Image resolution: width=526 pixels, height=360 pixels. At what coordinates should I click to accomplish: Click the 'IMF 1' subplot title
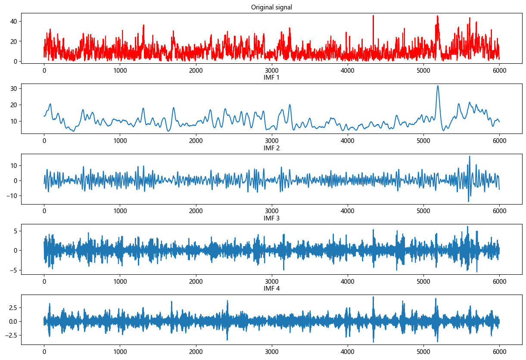click(271, 78)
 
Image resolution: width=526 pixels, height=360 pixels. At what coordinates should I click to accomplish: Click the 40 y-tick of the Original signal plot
click(14, 21)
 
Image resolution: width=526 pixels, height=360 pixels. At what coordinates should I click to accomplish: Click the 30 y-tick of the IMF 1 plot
click(14, 88)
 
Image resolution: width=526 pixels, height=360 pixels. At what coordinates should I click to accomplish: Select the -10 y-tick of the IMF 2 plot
click(12, 196)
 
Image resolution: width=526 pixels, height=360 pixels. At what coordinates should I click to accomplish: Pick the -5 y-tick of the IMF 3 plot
click(14, 270)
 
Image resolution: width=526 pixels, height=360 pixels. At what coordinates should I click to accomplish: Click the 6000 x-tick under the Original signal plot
click(499, 70)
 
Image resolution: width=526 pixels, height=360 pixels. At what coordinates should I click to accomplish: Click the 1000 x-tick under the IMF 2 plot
click(120, 211)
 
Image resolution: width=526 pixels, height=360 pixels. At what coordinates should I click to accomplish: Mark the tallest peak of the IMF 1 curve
click(438, 86)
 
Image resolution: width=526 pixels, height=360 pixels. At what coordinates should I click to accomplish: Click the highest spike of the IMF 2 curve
click(470, 156)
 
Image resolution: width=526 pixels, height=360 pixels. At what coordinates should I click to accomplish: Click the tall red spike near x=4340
click(373, 16)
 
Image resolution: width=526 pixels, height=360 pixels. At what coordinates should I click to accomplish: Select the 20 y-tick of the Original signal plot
click(14, 41)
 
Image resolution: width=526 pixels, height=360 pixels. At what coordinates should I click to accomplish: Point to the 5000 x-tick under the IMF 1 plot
click(423, 141)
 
